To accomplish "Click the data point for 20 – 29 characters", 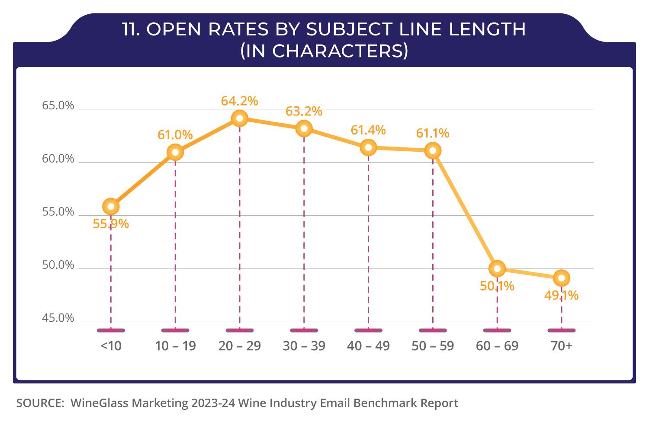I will [240, 118].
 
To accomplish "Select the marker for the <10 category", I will [111, 207].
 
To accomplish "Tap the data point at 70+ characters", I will [562, 278].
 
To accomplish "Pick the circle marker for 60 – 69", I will [497, 268].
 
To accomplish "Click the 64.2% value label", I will [239, 101].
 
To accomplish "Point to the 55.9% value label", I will [111, 224].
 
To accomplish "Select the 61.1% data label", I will [433, 133].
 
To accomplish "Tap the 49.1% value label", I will [561, 296].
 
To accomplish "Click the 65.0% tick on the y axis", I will [58, 106].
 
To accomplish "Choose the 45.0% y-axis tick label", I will [58, 319].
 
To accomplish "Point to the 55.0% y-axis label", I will [58, 212].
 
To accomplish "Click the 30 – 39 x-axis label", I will [304, 346].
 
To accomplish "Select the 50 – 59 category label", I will [433, 346].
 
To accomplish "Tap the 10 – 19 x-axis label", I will [175, 346].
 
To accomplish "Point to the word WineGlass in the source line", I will [100, 403].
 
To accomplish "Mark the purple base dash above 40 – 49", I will [368, 331].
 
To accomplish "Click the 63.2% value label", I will [304, 112].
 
